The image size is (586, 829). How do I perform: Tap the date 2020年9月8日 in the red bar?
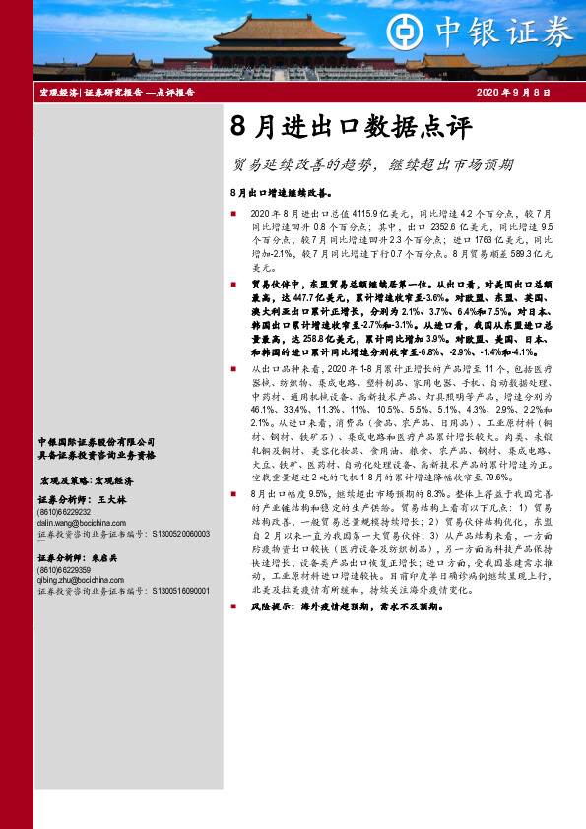(x=512, y=92)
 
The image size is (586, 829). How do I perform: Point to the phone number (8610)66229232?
(x=63, y=512)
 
